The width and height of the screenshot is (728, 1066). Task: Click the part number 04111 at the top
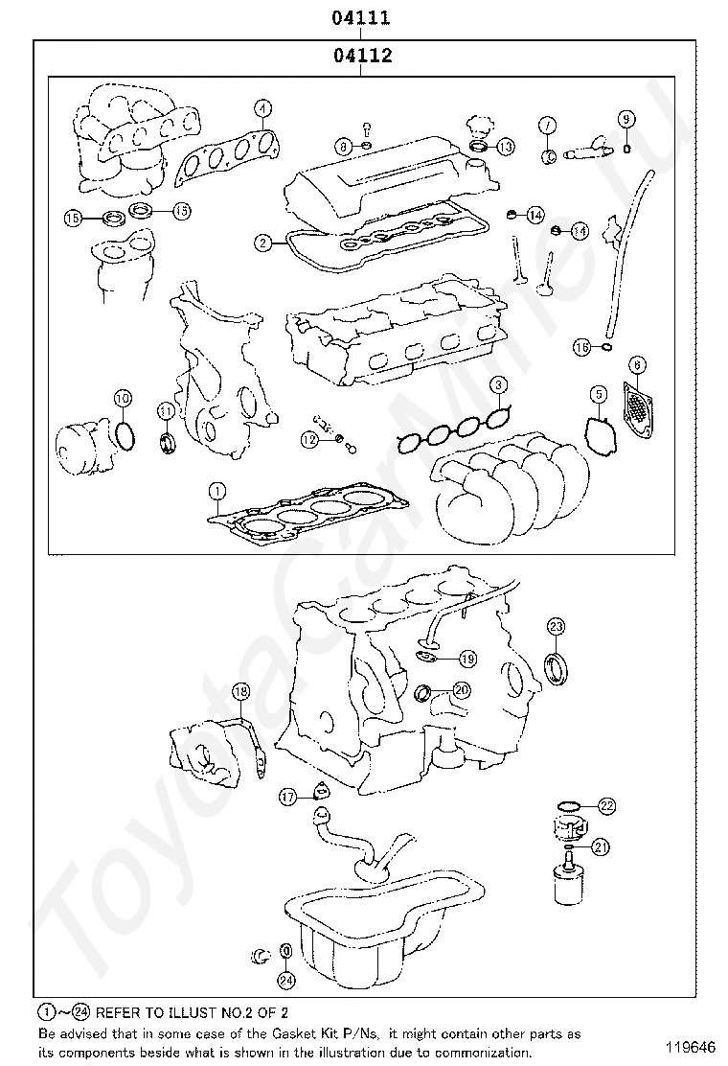361,17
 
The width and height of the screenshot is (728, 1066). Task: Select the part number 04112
363,56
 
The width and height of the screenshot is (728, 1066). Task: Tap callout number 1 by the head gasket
217,491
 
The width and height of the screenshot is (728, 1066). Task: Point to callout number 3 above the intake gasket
499,385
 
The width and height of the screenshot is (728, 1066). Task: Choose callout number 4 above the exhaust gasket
262,108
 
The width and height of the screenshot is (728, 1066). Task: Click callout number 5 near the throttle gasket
598,393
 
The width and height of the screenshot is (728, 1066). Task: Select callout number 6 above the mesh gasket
638,364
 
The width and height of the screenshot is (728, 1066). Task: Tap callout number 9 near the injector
626,119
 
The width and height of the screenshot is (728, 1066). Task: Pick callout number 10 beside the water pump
122,398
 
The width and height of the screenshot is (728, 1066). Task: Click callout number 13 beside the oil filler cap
505,147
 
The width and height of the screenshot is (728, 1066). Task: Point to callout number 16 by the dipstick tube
581,347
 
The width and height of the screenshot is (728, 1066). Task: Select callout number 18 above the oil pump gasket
240,691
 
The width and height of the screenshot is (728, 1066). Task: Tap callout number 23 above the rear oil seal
557,627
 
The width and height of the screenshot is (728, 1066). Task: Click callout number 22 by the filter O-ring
606,805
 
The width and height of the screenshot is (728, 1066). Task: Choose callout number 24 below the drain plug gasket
284,980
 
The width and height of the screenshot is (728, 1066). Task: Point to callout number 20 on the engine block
462,689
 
